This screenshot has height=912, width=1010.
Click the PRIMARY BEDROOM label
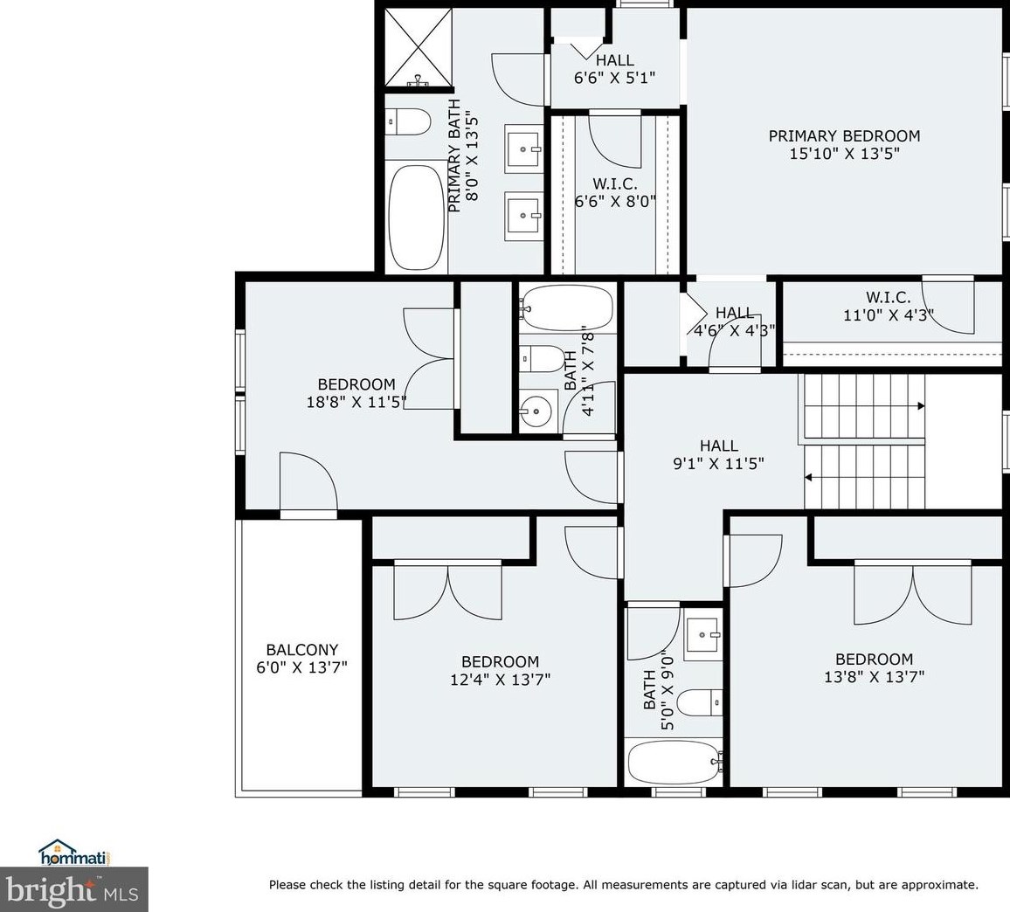(x=844, y=136)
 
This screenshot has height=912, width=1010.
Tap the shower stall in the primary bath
(x=418, y=48)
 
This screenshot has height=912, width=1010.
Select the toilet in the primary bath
(x=407, y=121)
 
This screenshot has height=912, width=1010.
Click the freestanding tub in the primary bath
(x=416, y=217)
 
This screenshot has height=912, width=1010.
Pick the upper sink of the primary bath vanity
(x=523, y=149)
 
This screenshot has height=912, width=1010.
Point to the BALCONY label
(x=301, y=650)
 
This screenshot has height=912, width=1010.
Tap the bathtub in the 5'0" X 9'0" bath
(x=674, y=762)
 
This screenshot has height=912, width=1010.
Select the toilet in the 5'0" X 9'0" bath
(x=700, y=701)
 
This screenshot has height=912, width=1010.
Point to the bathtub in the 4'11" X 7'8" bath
(x=566, y=307)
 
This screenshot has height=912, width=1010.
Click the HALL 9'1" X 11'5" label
(x=718, y=455)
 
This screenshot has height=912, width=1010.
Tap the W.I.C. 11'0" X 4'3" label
(x=889, y=306)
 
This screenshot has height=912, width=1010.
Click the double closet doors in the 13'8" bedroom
(x=912, y=594)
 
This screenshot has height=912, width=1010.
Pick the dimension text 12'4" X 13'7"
(x=500, y=680)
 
